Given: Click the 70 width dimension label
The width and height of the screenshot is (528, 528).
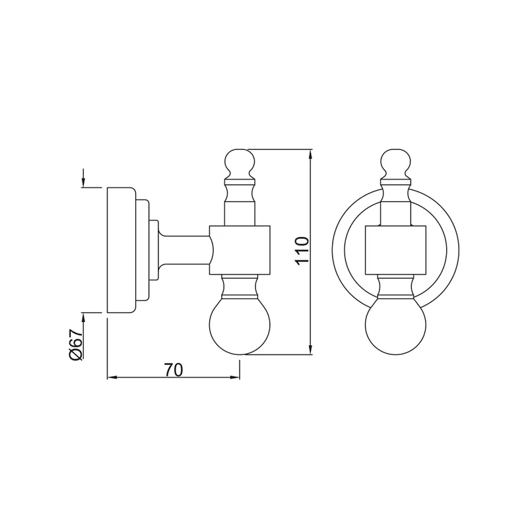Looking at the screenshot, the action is (x=174, y=370).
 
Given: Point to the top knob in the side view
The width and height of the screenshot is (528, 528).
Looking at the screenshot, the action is (x=240, y=164).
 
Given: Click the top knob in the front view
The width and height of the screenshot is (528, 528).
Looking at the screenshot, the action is (x=395, y=164).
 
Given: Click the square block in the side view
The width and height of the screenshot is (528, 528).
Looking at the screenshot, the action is (x=240, y=250).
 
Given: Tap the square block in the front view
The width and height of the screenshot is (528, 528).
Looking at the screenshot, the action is (x=395, y=250).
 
